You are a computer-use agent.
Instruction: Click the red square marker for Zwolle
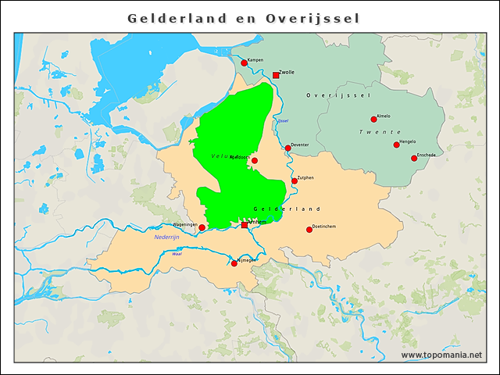coord(276,75)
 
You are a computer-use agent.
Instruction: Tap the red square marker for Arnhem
coord(245,224)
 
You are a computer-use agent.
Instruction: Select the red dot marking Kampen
coord(244,63)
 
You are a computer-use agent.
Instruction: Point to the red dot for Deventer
coord(287,148)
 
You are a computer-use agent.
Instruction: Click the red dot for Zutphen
coord(295,180)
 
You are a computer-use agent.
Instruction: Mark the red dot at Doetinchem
coord(309,229)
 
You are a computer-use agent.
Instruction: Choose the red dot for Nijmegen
coord(234,263)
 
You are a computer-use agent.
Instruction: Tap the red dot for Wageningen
coord(202,227)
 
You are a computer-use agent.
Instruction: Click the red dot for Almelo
coord(373,120)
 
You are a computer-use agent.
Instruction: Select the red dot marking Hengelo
coord(396,145)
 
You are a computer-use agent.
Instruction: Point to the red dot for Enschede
coord(414,158)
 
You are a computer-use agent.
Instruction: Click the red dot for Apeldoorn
coord(254,160)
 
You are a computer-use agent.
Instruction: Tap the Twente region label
coord(380,132)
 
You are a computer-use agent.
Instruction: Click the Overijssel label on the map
coord(337,95)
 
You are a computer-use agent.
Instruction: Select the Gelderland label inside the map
coord(287,209)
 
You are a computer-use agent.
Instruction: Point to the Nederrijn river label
coord(167,237)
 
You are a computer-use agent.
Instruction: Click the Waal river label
coord(177,254)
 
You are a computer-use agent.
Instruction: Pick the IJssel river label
coord(283,120)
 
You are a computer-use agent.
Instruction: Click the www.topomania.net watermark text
coord(441,355)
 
